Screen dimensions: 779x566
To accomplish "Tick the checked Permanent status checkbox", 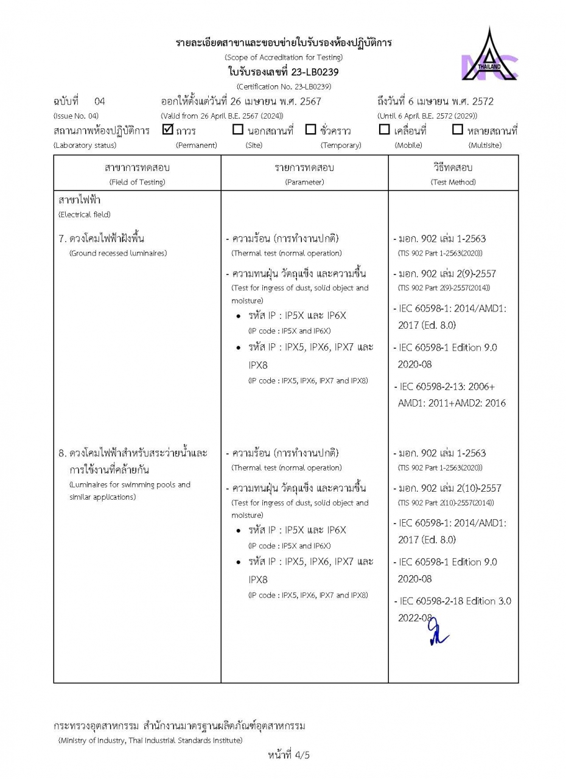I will (169, 129).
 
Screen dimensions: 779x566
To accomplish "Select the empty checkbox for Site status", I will (238, 130).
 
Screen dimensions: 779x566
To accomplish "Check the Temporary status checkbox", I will (310, 130).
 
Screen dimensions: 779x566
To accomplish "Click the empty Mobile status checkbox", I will (384, 130).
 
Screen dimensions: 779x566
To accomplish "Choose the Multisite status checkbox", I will (458, 130).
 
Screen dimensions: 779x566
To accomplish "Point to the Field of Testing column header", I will (137, 173).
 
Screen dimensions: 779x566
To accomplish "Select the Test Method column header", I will (453, 173).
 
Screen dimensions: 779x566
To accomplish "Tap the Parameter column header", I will (304, 173).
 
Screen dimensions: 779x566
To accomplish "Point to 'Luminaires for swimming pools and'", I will (130, 485).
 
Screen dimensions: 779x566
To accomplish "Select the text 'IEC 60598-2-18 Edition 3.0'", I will (455, 601).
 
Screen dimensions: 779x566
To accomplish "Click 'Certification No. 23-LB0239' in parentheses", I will (283, 86).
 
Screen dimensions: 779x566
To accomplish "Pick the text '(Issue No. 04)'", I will (75, 116).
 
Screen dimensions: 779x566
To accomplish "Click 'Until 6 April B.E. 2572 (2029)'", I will (427, 116).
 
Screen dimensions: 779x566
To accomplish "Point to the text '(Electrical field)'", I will (84, 215).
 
